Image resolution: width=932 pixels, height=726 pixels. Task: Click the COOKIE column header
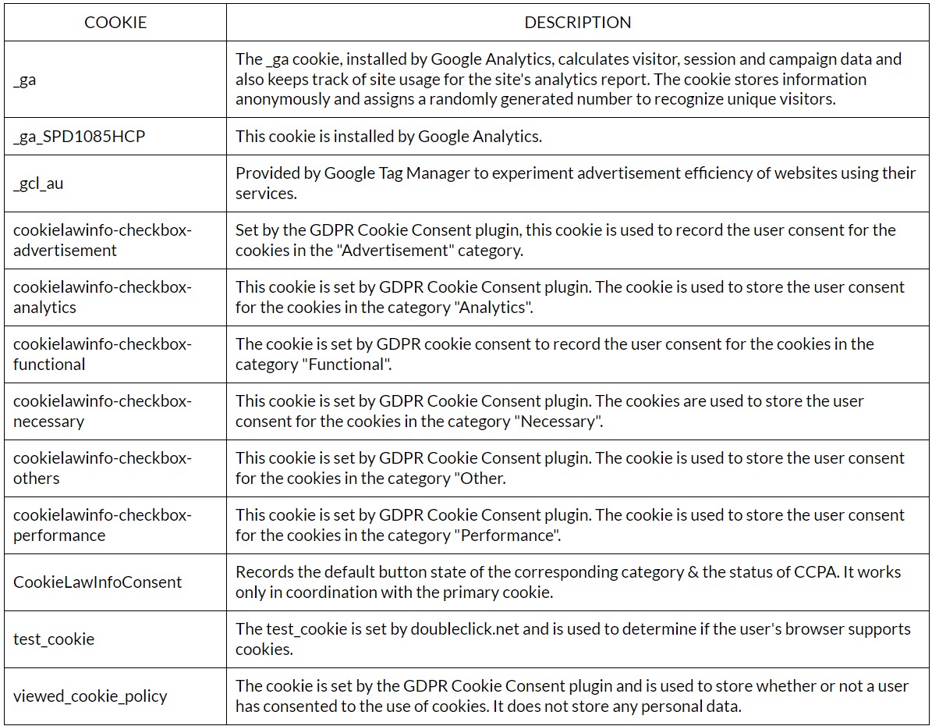point(115,23)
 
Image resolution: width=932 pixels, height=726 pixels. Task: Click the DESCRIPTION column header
point(577,23)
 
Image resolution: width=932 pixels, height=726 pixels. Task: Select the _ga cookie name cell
point(25,80)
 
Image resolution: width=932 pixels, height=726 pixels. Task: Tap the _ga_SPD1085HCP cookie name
point(79,137)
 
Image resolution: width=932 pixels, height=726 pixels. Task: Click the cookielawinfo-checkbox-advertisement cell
point(101,240)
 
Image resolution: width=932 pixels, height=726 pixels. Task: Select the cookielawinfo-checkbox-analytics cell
point(101,297)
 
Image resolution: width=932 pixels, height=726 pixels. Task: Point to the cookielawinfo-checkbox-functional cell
point(101,354)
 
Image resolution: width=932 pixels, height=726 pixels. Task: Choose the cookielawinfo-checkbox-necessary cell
point(101,411)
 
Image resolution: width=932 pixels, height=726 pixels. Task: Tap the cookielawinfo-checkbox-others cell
point(101,468)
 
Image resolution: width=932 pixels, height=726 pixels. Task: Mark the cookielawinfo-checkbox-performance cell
point(101,525)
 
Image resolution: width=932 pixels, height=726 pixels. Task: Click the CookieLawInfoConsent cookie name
point(97,582)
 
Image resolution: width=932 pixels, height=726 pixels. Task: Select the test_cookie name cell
point(54,639)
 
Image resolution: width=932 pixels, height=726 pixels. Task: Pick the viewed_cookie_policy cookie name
point(90,696)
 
